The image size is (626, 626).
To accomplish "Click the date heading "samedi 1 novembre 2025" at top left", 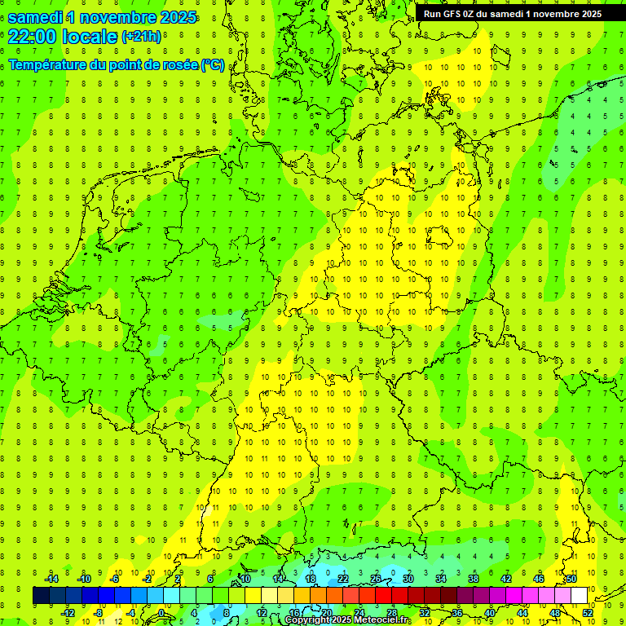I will pos(102,17).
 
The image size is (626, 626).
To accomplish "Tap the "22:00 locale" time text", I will pos(62,37).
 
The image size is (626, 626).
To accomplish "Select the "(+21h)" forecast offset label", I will pos(141,37).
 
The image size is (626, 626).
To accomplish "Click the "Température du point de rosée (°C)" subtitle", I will pos(116,65).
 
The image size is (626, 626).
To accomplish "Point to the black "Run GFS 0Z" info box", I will pos(513,13).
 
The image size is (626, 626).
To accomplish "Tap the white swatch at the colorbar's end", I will pos(579,596).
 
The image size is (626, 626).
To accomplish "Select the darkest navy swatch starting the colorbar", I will pos(41,596).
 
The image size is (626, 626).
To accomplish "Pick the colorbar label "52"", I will pos(588,613).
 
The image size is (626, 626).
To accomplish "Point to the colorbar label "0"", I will pos(161,613).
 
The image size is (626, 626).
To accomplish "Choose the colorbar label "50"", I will pos(571,579).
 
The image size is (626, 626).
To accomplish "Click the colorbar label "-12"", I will pos(67,613).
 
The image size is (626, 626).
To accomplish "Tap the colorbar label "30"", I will pos(408,579).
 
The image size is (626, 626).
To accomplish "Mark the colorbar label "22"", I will pos(343,579).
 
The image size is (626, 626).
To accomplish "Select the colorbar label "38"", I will pos(474,579).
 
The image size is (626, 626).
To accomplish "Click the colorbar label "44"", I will pos(522,613).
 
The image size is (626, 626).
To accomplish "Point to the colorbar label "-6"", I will pos(115,579).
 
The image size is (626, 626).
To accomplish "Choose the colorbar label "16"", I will pos(294,613).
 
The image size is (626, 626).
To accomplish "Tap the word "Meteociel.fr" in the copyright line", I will pos(382,620).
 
